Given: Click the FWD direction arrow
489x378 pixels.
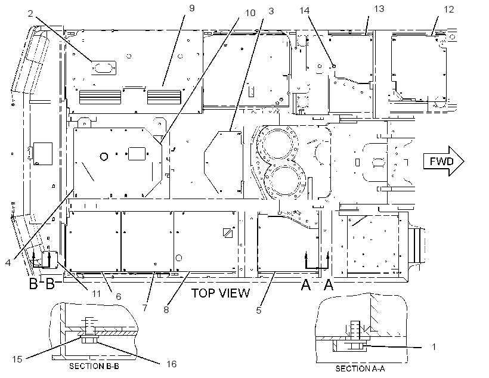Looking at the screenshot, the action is tap(443, 161).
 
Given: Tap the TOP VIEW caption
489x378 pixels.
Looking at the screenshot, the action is tap(221, 293).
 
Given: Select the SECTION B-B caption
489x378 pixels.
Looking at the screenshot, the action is tap(94, 366).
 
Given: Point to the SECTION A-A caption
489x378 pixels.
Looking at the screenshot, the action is tap(360, 368).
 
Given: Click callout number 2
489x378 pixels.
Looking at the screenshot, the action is tap(30, 13).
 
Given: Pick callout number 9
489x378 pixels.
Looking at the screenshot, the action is tap(192, 8).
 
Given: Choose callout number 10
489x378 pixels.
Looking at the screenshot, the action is tap(250, 13).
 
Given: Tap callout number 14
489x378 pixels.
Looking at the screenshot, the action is tap(304, 10).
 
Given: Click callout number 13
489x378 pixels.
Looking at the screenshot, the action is tap(379, 9).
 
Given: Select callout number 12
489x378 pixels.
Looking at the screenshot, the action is tap(449, 10).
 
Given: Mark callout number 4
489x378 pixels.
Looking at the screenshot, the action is tap(8, 262).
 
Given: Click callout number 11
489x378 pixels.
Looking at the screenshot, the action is tap(97, 293).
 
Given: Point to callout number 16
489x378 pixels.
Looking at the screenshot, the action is tap(172, 364).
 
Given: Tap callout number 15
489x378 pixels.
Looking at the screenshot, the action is tap(17, 360).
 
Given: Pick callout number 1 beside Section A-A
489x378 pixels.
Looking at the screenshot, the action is tap(434, 346).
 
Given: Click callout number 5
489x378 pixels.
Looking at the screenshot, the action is tap(259, 310).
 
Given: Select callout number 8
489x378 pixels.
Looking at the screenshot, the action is tap(166, 309).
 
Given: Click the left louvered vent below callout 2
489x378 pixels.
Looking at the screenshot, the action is tap(100, 97).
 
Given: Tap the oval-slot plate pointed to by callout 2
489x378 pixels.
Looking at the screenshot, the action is tap(104, 68).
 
